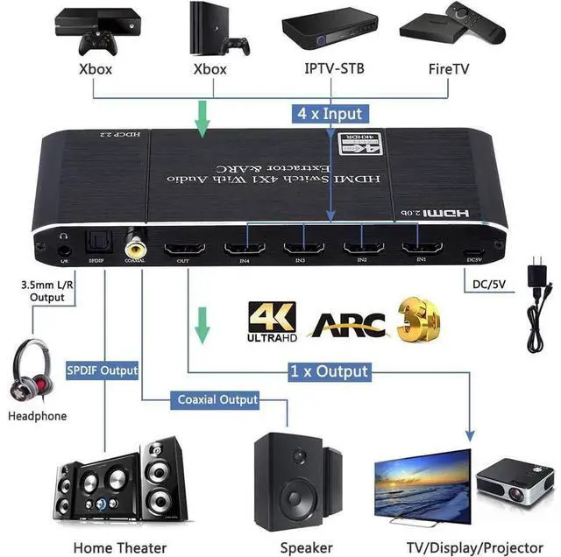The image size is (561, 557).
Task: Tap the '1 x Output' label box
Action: coord(330,370)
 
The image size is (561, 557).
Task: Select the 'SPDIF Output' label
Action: coord(103,370)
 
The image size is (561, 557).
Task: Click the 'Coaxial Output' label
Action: coord(218,399)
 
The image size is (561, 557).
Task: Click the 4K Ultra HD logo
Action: coord(273,321)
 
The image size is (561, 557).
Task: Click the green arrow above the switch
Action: coord(202,121)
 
